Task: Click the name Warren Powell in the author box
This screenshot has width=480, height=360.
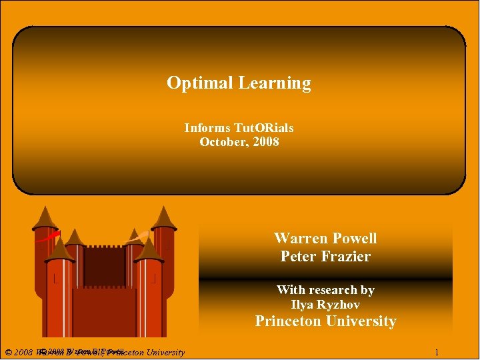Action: point(325,238)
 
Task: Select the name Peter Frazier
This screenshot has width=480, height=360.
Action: point(325,256)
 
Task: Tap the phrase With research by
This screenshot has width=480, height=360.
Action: point(325,290)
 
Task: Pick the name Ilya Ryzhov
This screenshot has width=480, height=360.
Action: point(325,305)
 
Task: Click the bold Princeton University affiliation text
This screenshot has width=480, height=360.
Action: point(325,321)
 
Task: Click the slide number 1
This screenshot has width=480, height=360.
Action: point(436,352)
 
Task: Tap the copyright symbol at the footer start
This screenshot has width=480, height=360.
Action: point(7,352)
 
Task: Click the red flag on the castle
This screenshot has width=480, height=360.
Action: point(47,237)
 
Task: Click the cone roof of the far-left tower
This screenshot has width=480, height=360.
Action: point(45,217)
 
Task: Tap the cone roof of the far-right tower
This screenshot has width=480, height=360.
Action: point(163,217)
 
